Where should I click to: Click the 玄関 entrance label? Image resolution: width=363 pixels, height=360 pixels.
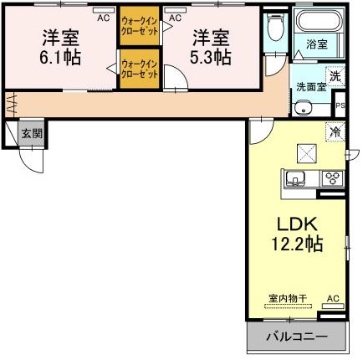point(32,132)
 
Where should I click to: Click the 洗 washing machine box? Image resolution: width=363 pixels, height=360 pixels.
point(335,75)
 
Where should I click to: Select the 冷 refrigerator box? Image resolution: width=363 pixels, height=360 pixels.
point(335,131)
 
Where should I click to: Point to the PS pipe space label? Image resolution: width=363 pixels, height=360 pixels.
point(340,105)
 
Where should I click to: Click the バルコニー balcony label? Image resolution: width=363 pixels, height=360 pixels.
point(296,337)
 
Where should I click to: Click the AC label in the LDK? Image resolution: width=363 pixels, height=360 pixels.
point(334,298)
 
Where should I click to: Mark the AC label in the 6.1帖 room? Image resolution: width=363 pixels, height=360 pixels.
point(103,17)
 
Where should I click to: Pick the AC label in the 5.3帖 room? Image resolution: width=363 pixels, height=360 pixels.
point(176,17)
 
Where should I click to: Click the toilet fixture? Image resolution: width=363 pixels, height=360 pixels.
point(274,31)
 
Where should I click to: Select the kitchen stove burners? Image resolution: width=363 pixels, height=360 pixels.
point(332,177)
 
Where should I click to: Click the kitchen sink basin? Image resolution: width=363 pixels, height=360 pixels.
point(297,178)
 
